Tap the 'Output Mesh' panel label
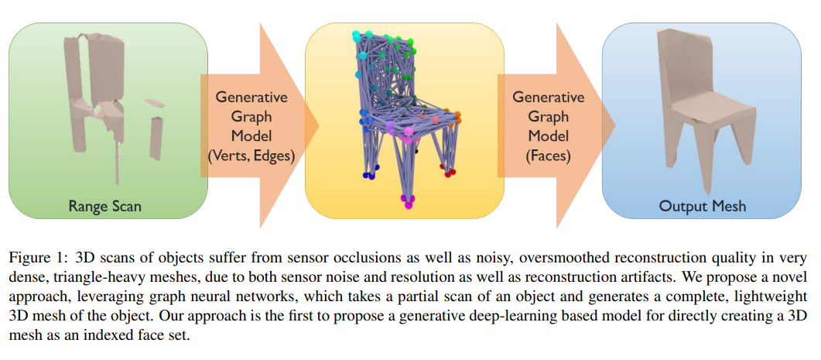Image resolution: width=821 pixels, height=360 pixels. coord(701,206)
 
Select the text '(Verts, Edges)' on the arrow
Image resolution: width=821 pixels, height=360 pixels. coord(251,156)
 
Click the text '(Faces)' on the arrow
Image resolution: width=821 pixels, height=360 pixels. coord(549,156)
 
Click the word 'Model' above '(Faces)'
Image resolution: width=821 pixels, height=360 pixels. coord(549,135)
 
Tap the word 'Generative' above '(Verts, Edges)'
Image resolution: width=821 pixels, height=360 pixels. coord(251,98)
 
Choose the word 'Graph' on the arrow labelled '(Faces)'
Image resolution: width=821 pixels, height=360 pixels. coord(549,117)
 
